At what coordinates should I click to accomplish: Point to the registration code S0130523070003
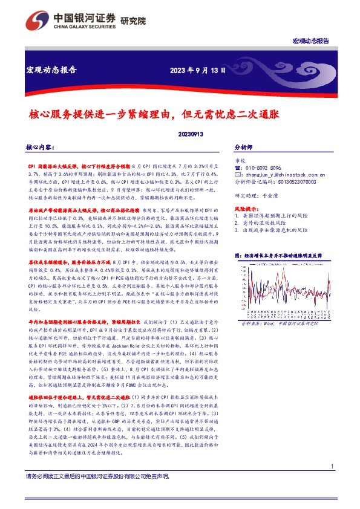click(294, 181)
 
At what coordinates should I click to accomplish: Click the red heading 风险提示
click(246, 208)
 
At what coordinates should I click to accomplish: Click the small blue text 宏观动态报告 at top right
click(311, 41)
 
